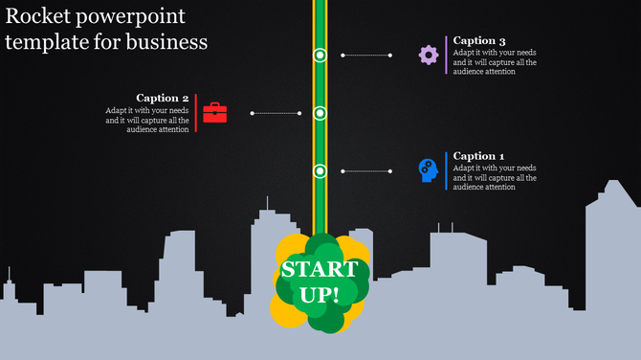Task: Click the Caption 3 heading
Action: [x=479, y=40]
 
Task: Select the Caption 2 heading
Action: [x=163, y=98]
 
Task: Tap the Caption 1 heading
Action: [x=478, y=156]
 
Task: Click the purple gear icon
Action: [x=429, y=55]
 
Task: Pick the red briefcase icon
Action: [x=215, y=113]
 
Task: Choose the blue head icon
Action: [x=428, y=170]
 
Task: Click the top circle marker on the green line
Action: [x=320, y=56]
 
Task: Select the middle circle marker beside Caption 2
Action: [x=320, y=113]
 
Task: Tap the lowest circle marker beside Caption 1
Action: [x=320, y=170]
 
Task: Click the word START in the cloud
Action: [x=320, y=269]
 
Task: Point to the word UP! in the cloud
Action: [x=320, y=292]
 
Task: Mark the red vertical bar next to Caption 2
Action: [x=196, y=113]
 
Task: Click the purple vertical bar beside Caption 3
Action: [x=446, y=55]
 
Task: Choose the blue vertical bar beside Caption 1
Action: [x=446, y=170]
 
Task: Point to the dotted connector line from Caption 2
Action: [x=276, y=113]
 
